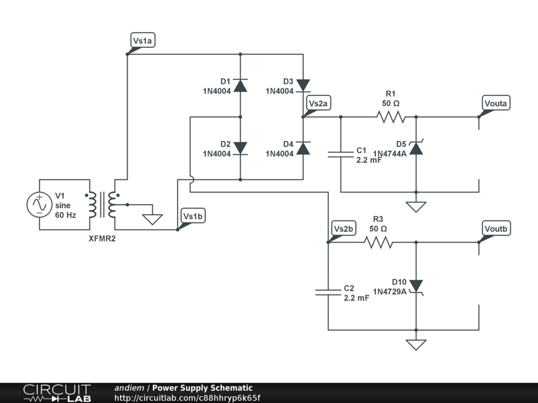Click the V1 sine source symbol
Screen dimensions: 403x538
pos(39,205)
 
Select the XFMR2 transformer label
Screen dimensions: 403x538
pos(102,239)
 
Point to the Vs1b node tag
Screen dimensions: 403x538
pos(192,216)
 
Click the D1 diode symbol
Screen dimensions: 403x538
pos(240,85)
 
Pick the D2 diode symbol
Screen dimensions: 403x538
pos(240,148)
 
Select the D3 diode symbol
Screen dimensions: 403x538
pos(303,85)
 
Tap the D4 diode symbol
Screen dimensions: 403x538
pos(303,148)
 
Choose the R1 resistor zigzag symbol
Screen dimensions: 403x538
pos(391,116)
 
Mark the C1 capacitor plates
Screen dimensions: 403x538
pos(341,154)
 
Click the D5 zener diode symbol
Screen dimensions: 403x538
pos(416,148)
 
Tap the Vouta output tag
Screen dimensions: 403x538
pos(496,103)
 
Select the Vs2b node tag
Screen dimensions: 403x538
pos(345,229)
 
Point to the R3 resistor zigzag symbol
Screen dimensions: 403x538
pos(378,242)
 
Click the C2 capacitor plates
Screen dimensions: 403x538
pos(328,292)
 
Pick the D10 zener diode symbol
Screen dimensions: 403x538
pos(416,287)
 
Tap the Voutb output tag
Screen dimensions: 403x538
pos(496,229)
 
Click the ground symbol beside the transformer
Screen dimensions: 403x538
pos(153,219)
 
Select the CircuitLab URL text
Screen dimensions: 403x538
pos(187,398)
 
